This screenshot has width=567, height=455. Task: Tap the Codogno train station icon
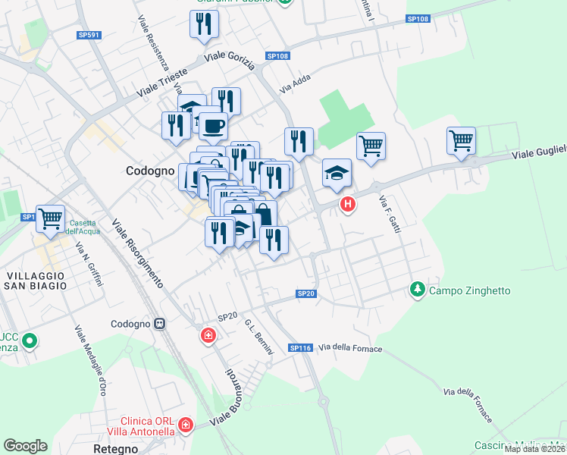[160, 324]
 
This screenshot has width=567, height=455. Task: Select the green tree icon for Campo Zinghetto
[417, 290]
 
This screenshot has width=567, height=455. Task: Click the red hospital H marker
[348, 204]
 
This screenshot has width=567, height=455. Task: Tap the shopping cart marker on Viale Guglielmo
[461, 141]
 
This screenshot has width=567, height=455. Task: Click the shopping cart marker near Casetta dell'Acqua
[51, 219]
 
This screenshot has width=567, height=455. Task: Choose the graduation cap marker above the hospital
[337, 173]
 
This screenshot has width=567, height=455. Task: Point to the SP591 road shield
[89, 35]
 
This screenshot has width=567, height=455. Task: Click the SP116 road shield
[300, 347]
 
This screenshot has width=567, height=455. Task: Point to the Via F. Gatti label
[389, 214]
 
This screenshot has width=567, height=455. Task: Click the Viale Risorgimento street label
[137, 253]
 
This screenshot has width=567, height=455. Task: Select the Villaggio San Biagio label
[35, 280]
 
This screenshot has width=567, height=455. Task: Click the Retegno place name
[114, 449]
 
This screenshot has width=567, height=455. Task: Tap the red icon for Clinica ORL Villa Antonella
[186, 427]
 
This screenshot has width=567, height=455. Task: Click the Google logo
[25, 445]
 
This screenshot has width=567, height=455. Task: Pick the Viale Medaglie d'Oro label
[89, 361]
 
